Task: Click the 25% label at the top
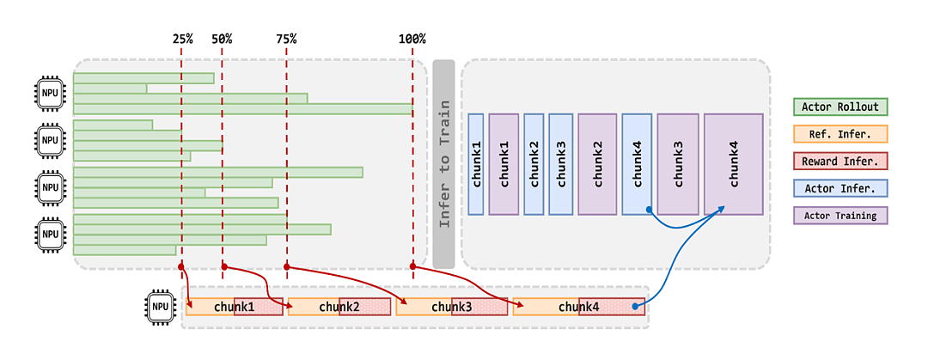tap(183, 39)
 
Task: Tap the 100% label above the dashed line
tap(412, 39)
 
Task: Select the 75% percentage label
tap(286, 39)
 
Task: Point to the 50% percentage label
tap(222, 39)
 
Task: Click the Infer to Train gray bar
tap(444, 164)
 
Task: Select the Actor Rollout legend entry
tap(839, 107)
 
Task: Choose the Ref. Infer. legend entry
tap(839, 134)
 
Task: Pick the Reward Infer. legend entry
tap(839, 161)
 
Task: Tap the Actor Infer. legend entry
tap(839, 188)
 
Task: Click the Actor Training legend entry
tap(839, 216)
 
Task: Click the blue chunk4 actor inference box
tap(637, 164)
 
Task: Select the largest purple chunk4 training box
tap(733, 164)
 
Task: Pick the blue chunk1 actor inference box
tap(476, 164)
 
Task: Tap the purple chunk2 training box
tap(598, 164)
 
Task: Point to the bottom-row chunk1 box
tap(235, 307)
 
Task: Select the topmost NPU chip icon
tap(50, 93)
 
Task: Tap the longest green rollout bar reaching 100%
tap(242, 109)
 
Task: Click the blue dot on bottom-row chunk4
tap(634, 307)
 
